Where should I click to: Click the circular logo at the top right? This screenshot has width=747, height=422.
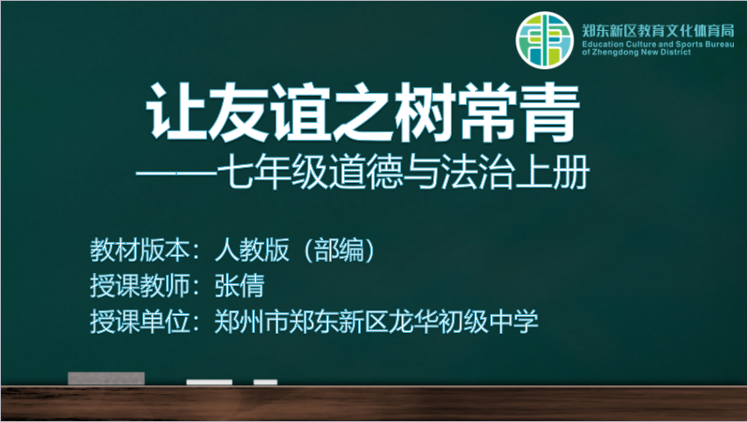point(545,40)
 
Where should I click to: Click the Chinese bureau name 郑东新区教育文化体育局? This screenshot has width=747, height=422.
point(658,31)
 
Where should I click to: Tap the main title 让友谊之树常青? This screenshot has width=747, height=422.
point(363,113)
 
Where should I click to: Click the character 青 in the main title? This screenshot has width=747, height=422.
point(550,113)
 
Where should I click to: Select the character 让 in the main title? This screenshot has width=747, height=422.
point(175,113)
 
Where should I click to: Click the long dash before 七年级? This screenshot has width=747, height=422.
point(176,173)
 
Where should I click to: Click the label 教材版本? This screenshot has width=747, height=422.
point(140,249)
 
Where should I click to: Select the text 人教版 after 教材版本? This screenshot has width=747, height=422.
point(252,249)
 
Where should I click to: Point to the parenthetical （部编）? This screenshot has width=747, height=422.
point(338,249)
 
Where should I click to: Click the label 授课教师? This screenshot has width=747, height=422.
point(140,286)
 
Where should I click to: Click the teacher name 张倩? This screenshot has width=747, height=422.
point(240,286)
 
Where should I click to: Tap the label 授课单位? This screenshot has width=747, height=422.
point(140,322)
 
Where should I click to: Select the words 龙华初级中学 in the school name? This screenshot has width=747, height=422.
point(464,322)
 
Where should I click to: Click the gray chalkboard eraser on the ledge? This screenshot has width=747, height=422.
point(106,378)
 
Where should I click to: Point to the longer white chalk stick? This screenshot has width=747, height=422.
point(209,382)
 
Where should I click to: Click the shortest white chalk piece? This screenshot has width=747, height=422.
point(265,382)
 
